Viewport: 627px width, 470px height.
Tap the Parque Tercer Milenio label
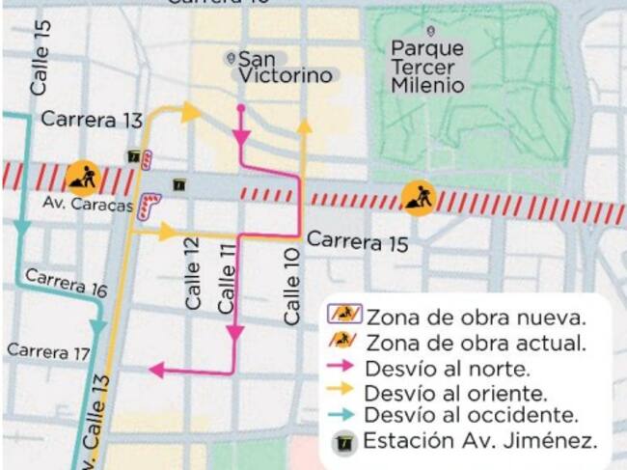[427, 67]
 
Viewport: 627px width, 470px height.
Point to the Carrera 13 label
[91, 121]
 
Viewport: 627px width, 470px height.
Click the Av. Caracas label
[87, 205]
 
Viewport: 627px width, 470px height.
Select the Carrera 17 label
[48, 352]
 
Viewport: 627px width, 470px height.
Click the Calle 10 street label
[292, 286]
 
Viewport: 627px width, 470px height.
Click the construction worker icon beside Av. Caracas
[82, 178]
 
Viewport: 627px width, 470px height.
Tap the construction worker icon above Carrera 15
[419, 199]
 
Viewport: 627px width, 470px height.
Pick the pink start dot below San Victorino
[240, 107]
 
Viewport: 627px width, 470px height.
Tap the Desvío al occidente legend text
[471, 416]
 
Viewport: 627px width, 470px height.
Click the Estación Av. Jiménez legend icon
[345, 443]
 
